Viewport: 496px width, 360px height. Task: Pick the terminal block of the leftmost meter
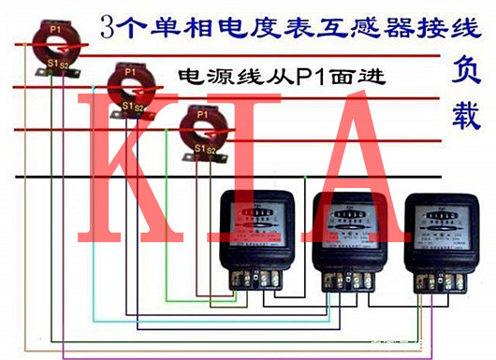point(256,278)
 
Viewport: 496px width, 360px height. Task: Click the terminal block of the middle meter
point(350,278)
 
